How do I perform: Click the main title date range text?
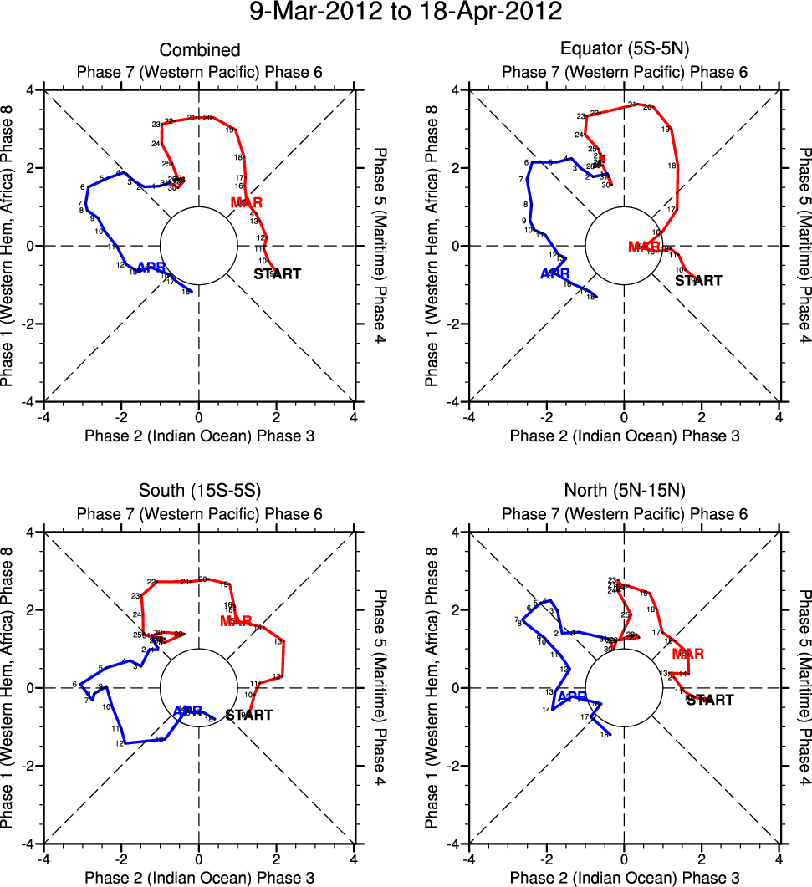click(x=406, y=14)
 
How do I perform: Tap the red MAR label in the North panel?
click(x=687, y=654)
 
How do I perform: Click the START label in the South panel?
click(x=249, y=715)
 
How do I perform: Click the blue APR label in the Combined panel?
click(x=151, y=268)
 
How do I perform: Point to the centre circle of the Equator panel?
click(x=624, y=246)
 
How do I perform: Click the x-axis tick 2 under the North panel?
click(x=702, y=858)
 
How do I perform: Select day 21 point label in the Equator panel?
click(x=632, y=105)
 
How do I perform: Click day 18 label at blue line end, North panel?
click(x=603, y=735)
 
